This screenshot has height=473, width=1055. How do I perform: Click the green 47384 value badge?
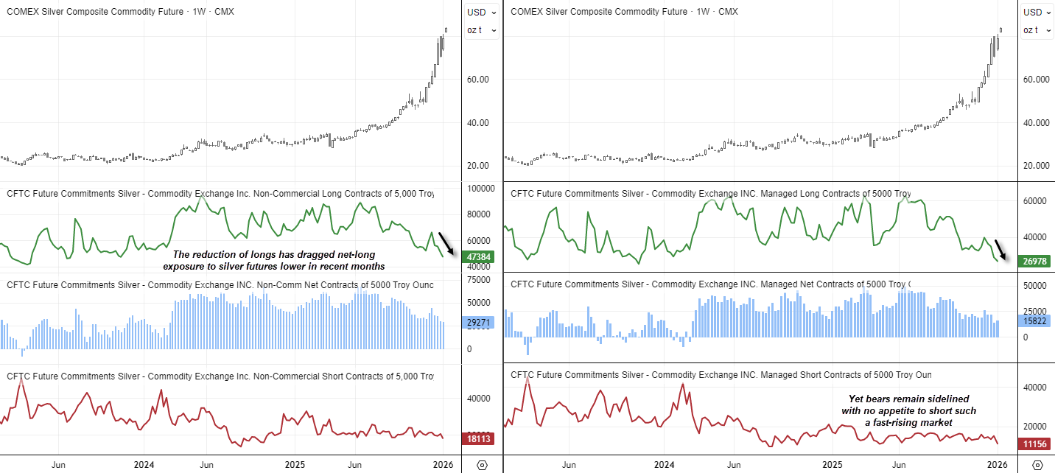[479, 257]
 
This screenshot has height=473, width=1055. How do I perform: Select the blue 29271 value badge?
[479, 323]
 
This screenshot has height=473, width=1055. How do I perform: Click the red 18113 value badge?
[479, 438]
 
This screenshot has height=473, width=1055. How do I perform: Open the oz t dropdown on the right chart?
[1038, 29]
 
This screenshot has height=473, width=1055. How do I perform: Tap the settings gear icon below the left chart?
[482, 465]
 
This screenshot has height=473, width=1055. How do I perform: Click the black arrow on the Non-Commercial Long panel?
[446, 243]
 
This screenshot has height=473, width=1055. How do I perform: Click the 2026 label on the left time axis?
[441, 465]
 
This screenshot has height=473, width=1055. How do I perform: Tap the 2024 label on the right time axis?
[665, 465]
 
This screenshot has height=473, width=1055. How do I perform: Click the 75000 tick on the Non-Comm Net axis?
[479, 280]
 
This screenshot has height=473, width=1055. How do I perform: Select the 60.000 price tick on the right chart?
[1036, 79]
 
